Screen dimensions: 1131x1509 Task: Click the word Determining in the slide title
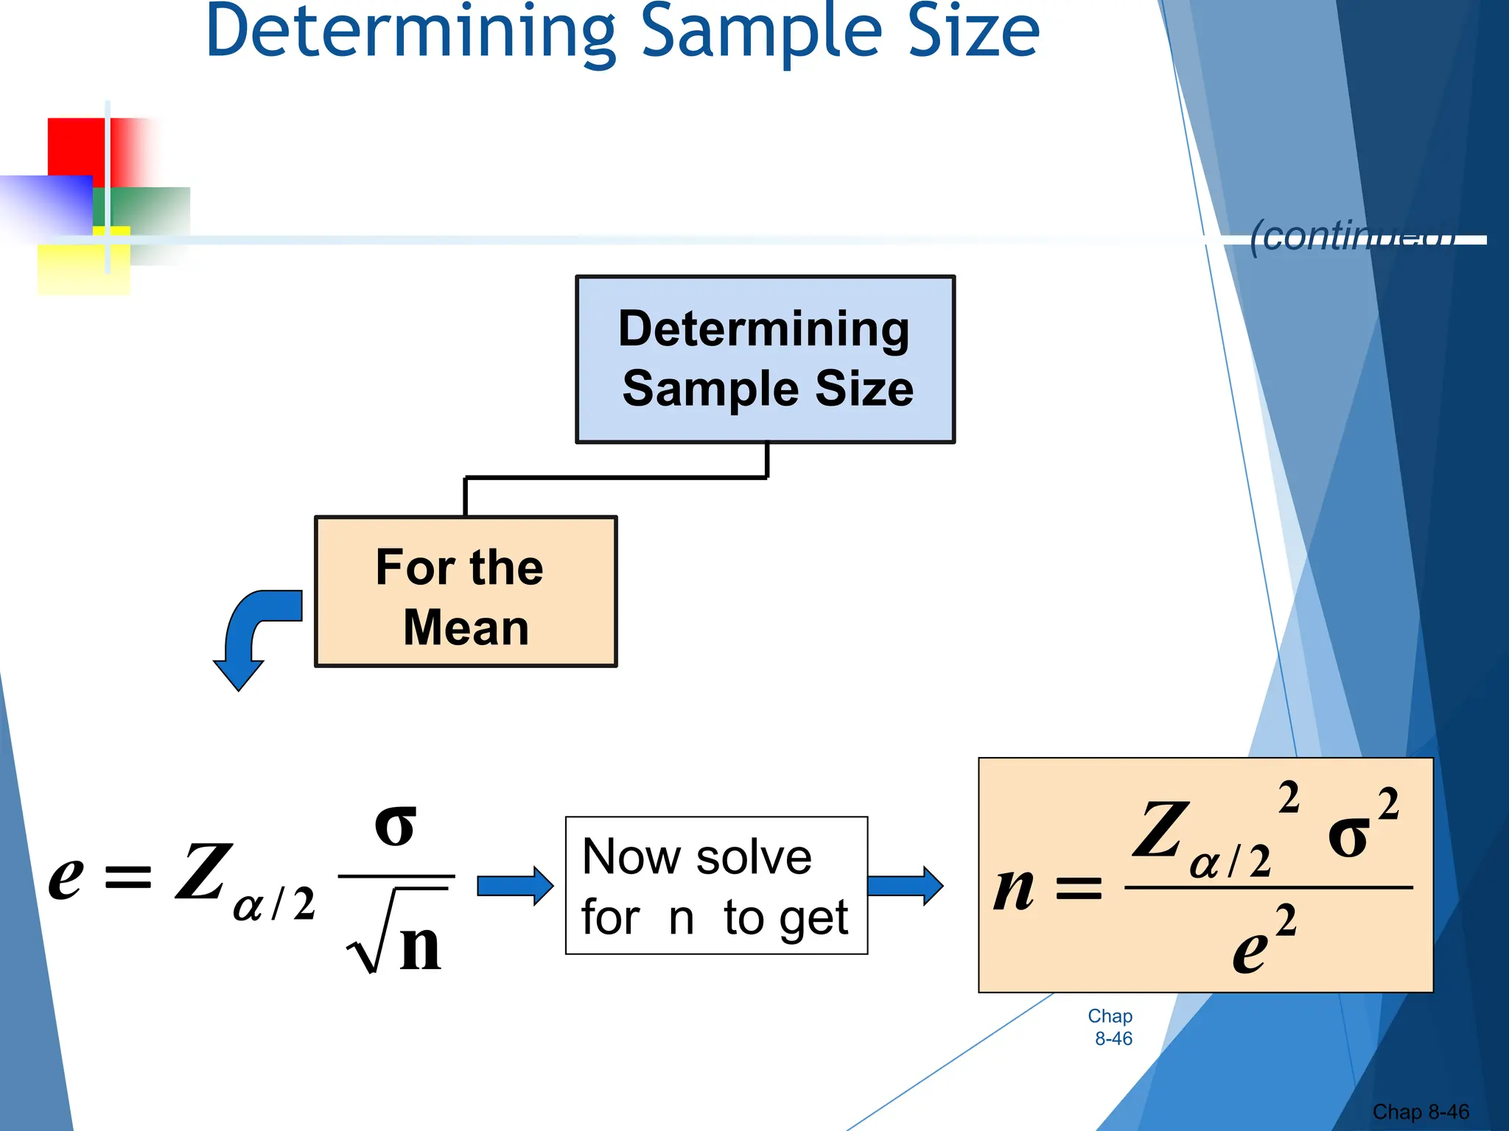(410, 33)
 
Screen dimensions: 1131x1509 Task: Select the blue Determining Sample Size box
(765, 359)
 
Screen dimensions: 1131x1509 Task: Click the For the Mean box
(466, 592)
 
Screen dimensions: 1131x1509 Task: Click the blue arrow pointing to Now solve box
(515, 886)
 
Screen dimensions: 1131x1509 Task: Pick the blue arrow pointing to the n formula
(905, 886)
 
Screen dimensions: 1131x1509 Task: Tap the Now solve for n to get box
(716, 886)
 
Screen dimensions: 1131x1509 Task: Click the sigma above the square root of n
(396, 825)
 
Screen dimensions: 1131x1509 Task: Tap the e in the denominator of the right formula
(1250, 951)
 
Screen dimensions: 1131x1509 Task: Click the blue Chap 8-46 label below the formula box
(1111, 1027)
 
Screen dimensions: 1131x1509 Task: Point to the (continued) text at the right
(1353, 236)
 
